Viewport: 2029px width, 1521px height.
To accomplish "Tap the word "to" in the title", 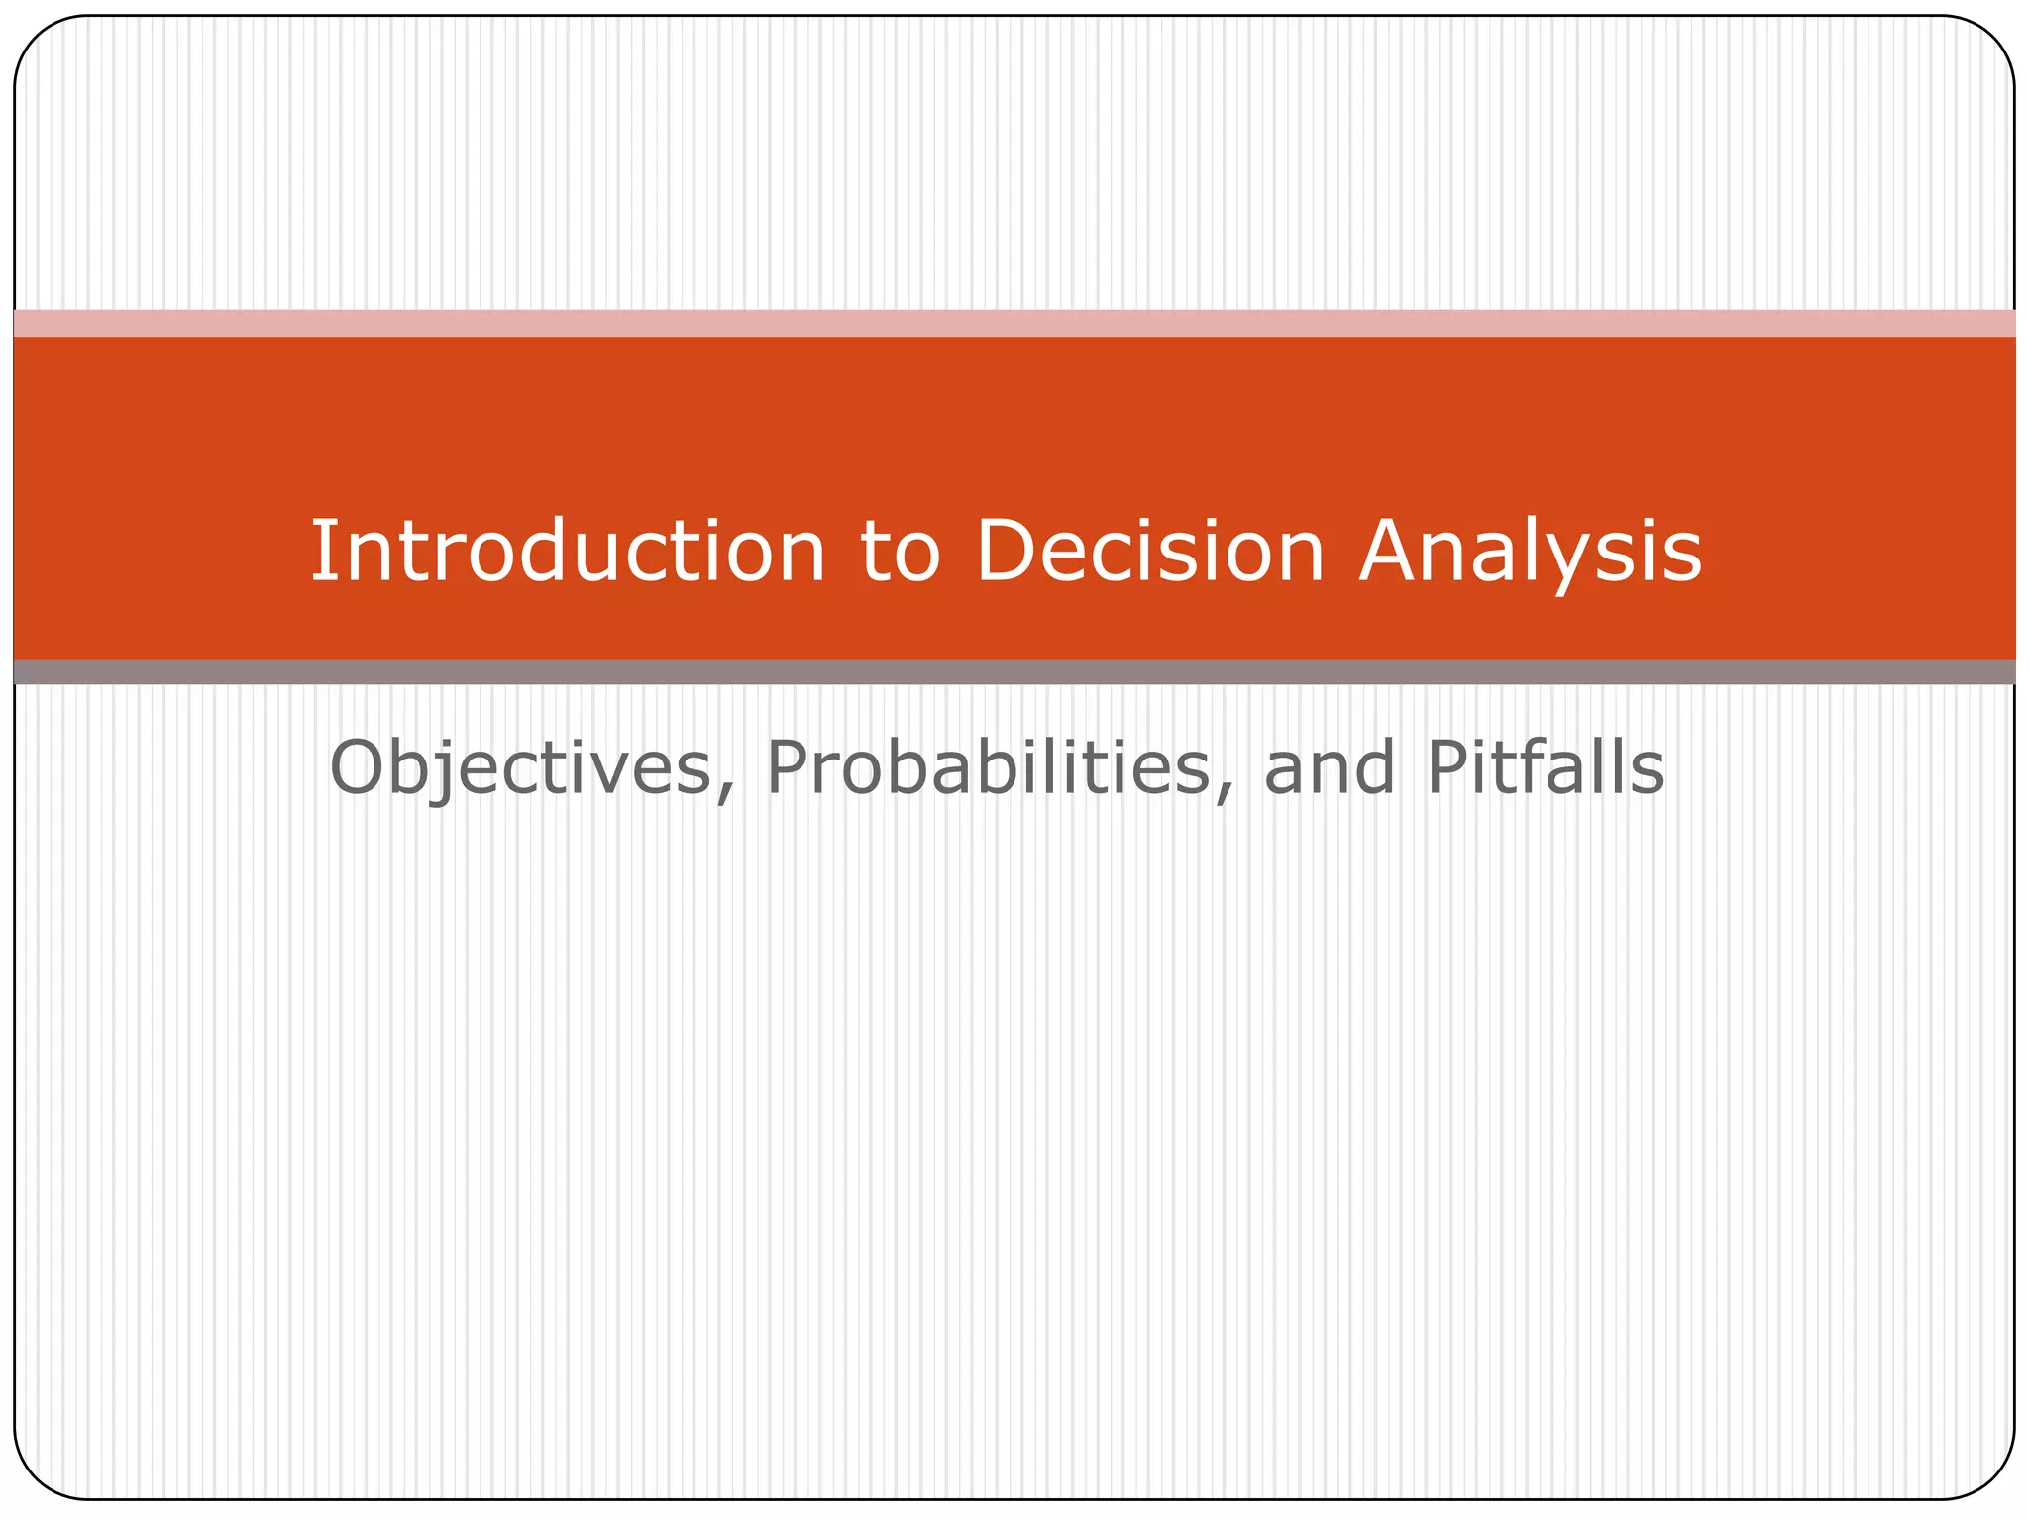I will [x=900, y=553].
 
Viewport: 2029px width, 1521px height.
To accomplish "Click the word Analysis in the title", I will [x=1530, y=553].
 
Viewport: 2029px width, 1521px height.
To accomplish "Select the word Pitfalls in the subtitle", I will [x=1546, y=768].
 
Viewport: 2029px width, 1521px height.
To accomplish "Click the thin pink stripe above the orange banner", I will [x=1014, y=323].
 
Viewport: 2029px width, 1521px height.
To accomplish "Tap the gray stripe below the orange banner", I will [x=1014, y=672].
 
